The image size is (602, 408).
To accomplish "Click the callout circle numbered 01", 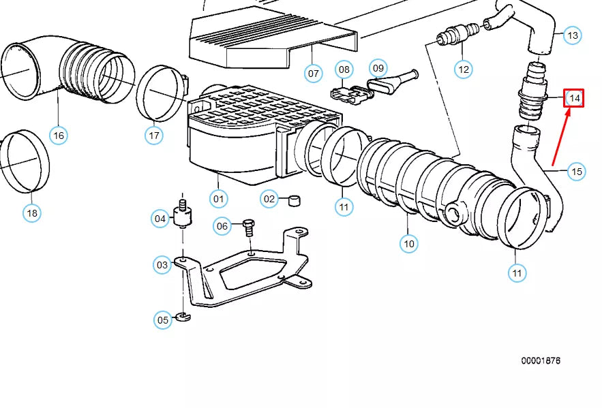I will pos(218,200).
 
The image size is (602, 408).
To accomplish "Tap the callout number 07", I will pos(313,73).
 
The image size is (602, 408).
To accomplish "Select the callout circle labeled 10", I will pos(408,243).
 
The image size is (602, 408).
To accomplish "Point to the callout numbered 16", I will pos(59,136).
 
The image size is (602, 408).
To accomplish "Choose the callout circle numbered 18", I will pos(32,213).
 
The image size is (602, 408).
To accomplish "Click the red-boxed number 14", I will pos(574,99).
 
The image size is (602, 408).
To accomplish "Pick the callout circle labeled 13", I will pos(573,35).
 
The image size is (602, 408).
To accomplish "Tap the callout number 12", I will pos(464,69).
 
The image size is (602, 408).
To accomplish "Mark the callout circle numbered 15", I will pos(577,171).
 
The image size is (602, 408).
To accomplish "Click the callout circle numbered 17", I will pos(154,136).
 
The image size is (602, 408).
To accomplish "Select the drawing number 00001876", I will pos(541,360).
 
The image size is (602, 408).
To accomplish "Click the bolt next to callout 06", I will pos(248,227).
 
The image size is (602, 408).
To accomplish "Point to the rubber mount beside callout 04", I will pos(182,217).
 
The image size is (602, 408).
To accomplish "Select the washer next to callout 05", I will pos(182,316).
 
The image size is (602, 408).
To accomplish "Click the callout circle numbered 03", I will pos(162,265).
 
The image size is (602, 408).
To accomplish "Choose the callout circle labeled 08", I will pos(344,69).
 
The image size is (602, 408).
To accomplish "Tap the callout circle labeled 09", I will pos(378,67).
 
